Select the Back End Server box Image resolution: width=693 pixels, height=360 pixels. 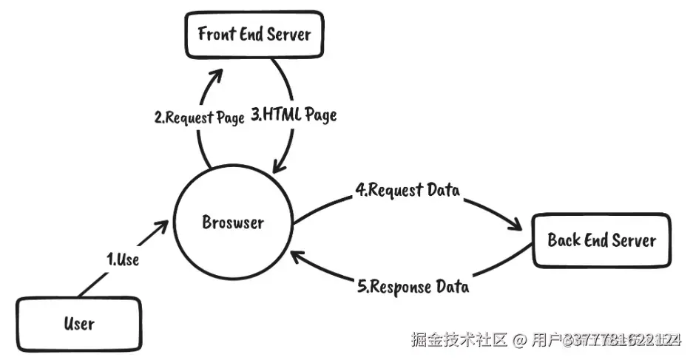602,240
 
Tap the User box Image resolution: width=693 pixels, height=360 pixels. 79,323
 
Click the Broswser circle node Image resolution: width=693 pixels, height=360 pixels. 233,222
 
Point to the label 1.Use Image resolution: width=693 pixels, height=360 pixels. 123,259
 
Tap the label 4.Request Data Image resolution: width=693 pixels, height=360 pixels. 408,190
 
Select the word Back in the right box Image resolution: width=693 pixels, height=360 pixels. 564,240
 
